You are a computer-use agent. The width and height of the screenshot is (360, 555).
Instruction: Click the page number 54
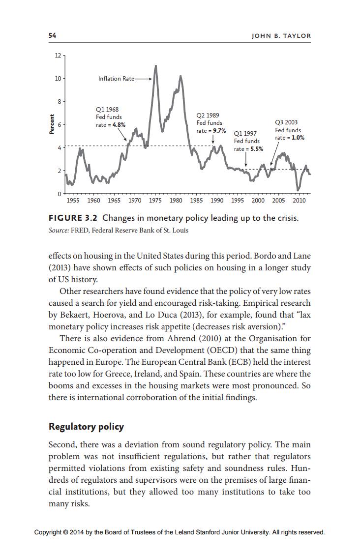(52, 36)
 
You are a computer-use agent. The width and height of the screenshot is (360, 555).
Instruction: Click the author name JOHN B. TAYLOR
(281, 36)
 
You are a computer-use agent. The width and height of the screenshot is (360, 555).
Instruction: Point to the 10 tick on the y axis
(57, 79)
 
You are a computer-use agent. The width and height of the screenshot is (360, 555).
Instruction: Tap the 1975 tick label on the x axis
(155, 201)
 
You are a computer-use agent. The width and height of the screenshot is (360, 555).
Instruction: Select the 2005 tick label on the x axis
(278, 201)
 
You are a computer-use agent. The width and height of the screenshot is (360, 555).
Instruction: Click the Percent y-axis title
(51, 125)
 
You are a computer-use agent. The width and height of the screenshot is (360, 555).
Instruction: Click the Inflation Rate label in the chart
(116, 79)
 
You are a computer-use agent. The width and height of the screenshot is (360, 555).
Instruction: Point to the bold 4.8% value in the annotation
(119, 125)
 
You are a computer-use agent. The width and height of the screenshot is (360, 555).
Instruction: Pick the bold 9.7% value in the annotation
(219, 131)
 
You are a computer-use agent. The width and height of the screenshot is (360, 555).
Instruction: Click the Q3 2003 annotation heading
(286, 122)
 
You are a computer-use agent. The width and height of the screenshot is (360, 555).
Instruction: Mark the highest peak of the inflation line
(156, 66)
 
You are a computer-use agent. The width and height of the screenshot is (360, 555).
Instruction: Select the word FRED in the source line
(81, 230)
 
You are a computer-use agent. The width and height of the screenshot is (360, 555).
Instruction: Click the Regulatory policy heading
(86, 426)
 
